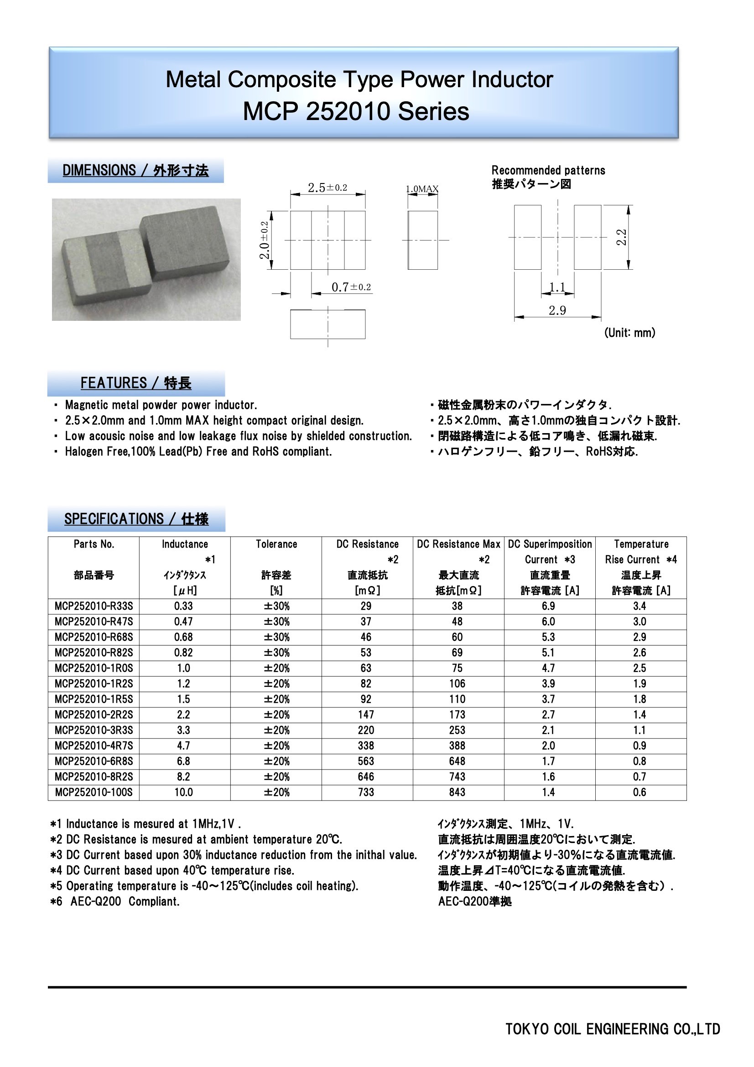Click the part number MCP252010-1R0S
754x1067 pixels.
click(94, 668)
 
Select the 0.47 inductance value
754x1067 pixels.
click(183, 622)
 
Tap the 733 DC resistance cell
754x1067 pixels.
click(366, 792)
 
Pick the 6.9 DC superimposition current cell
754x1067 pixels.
click(548, 606)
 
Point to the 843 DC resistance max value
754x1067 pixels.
click(457, 792)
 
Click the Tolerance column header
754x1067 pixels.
click(276, 544)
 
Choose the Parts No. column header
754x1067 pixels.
click(94, 544)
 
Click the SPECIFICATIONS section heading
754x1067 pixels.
click(136, 519)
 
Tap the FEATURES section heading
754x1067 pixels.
click(135, 383)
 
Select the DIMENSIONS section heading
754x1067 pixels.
click(135, 171)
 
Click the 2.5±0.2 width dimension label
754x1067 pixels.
click(328, 188)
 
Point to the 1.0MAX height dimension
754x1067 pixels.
click(422, 189)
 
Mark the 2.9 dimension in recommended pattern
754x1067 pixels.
click(557, 310)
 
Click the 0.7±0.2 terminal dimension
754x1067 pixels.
click(351, 287)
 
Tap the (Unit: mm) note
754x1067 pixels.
click(629, 333)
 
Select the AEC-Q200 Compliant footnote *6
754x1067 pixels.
click(115, 901)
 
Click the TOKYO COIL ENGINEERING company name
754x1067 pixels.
click(612, 1030)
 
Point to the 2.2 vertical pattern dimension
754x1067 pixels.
click(622, 237)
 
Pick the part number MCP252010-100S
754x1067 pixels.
click(94, 792)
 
